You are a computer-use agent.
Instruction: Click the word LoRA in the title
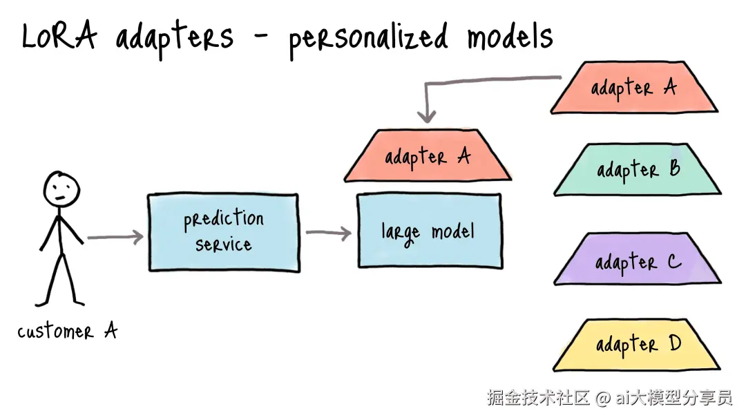pos(59,37)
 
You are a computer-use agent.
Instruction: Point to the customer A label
pos(67,332)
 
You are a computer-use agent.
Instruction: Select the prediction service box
pos(223,232)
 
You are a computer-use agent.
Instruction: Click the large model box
pos(428,231)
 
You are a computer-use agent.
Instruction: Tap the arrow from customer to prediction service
pos(115,238)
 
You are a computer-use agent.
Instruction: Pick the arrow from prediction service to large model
pos(328,233)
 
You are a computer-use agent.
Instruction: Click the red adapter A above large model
pos(428,157)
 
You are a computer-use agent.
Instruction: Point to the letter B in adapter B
pos(674,168)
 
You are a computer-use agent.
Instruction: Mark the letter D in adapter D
pos(675,343)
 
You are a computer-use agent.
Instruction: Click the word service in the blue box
pos(223,245)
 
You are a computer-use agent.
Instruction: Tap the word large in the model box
pos(400,232)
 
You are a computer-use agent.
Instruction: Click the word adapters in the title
pos(175,38)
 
